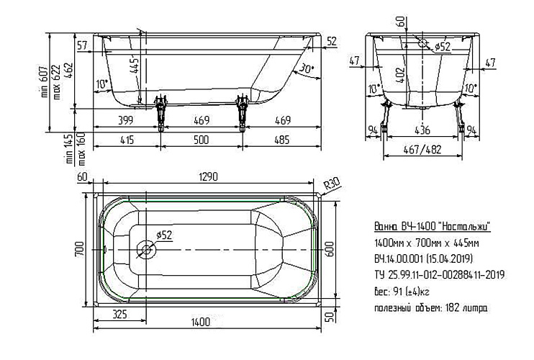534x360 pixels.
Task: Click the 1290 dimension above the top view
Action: (x=207, y=177)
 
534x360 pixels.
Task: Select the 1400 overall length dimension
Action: (x=201, y=322)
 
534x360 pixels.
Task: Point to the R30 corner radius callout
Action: (x=331, y=185)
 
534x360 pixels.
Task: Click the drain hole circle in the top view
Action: (x=146, y=250)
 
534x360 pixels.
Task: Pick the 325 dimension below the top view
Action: (x=119, y=314)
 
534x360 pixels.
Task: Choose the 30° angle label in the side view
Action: (x=306, y=69)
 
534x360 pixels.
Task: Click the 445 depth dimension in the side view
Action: (x=135, y=66)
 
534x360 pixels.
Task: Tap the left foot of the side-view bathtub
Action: (x=160, y=113)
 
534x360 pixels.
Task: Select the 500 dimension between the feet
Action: (x=201, y=140)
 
